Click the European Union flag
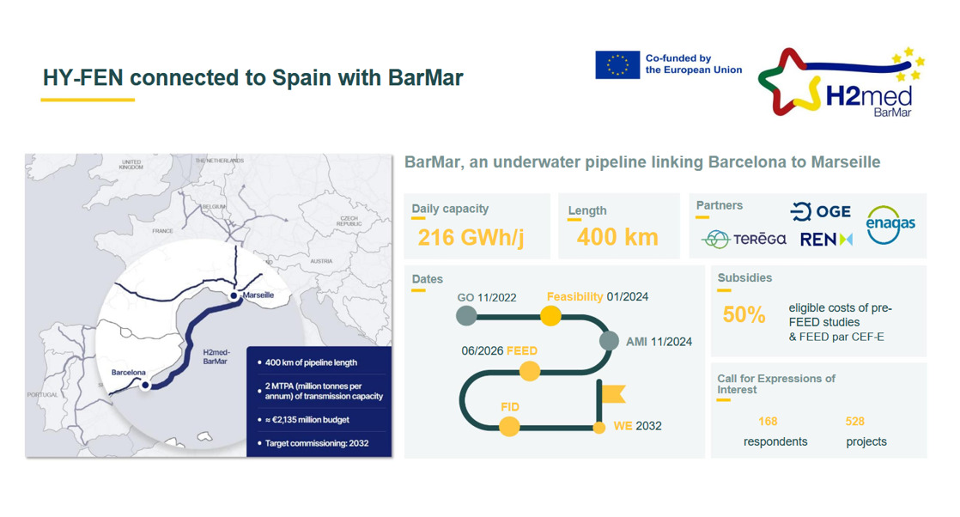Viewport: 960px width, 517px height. click(617, 65)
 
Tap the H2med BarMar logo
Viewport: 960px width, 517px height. click(841, 82)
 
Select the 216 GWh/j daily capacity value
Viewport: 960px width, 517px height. click(471, 237)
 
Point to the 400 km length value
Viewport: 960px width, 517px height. click(617, 237)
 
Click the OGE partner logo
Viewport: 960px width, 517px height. click(820, 212)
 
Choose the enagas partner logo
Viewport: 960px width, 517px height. click(890, 225)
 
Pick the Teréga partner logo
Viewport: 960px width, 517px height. click(744, 239)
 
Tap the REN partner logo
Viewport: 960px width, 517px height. click(826, 240)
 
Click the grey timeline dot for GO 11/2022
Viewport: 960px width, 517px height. click(466, 316)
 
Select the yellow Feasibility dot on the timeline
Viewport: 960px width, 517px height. click(550, 316)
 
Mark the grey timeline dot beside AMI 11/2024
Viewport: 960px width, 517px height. click(609, 341)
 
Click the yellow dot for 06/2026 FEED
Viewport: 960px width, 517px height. click(530, 371)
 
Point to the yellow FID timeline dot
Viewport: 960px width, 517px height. click(509, 426)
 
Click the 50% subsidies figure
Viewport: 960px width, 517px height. click(744, 315)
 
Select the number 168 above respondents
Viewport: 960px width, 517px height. click(768, 422)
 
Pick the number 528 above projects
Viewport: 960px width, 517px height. click(854, 422)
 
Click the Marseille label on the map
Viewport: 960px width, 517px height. click(258, 295)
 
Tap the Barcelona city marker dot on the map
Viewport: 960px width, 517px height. click(145, 386)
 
